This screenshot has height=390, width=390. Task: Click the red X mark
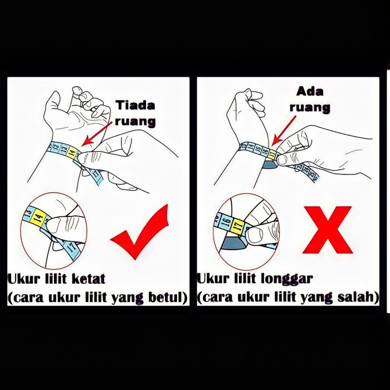pyautogui.click(x=328, y=230)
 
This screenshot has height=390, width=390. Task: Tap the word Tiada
pyautogui.click(x=135, y=105)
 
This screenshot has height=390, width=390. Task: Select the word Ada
pyautogui.click(x=310, y=91)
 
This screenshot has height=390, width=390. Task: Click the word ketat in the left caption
pyautogui.click(x=88, y=279)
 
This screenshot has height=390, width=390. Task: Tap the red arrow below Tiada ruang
pyautogui.click(x=97, y=133)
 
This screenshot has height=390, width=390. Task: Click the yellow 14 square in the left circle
pyautogui.click(x=39, y=217)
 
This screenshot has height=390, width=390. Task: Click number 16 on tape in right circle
pyautogui.click(x=226, y=221)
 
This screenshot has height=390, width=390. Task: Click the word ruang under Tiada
pyautogui.click(x=135, y=121)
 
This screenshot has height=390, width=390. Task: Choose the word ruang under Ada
pyautogui.click(x=310, y=108)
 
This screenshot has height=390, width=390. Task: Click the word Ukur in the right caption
pyautogui.click(x=213, y=279)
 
